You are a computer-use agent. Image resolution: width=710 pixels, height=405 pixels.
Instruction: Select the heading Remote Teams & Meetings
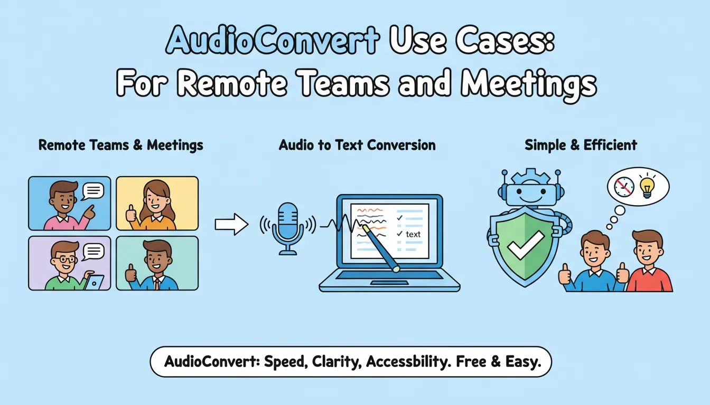coord(120,145)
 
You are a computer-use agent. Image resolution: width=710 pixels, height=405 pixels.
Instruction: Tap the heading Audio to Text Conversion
coord(357,145)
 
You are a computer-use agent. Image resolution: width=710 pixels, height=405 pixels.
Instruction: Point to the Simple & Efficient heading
coord(581,145)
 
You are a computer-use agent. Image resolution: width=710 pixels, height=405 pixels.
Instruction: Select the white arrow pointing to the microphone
coord(231,225)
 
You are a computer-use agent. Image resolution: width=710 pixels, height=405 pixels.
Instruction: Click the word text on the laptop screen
coord(413,234)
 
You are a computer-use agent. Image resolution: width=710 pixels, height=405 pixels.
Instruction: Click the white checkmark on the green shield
coord(525,244)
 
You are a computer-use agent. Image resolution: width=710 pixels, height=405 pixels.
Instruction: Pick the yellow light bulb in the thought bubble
coord(647,186)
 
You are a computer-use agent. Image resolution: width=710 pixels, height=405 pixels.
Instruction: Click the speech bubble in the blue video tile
coord(93,190)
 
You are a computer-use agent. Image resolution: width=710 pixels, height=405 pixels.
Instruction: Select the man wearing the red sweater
coord(648,264)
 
